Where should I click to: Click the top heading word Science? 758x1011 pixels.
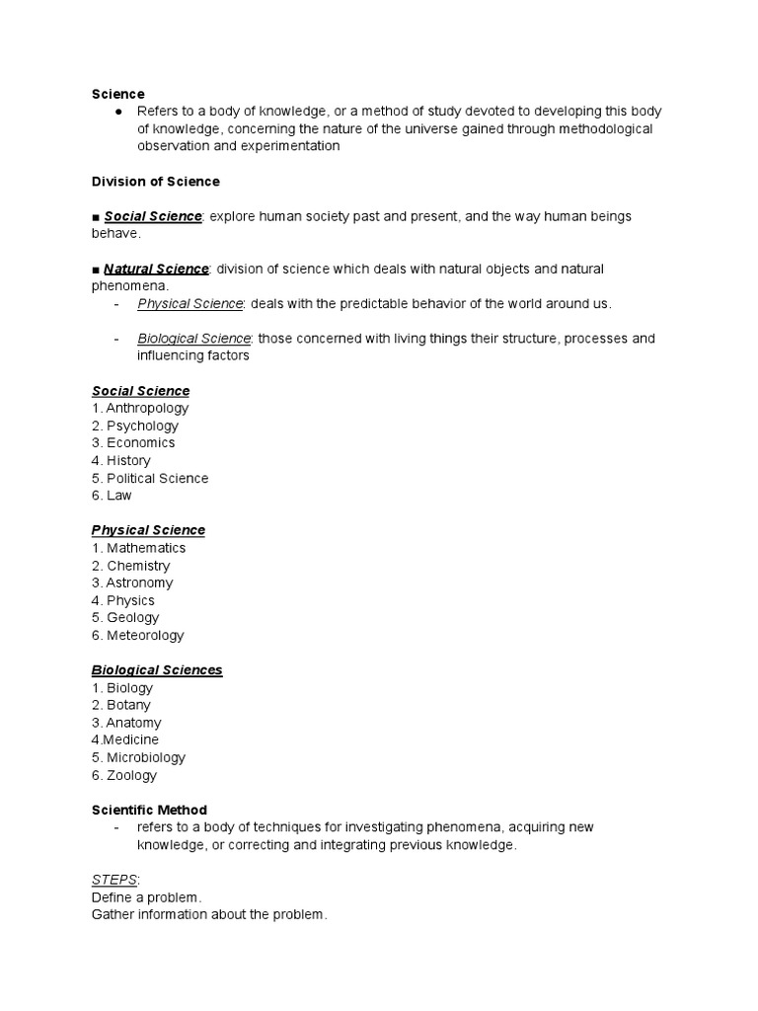click(117, 94)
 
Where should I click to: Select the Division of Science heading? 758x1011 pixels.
click(155, 182)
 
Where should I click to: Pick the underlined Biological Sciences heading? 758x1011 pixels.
click(157, 670)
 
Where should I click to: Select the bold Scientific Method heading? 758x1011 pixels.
click(149, 811)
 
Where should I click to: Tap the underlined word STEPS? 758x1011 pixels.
click(114, 880)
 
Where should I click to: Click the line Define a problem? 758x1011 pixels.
click(146, 897)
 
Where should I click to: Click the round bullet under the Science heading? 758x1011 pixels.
click(117, 112)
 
